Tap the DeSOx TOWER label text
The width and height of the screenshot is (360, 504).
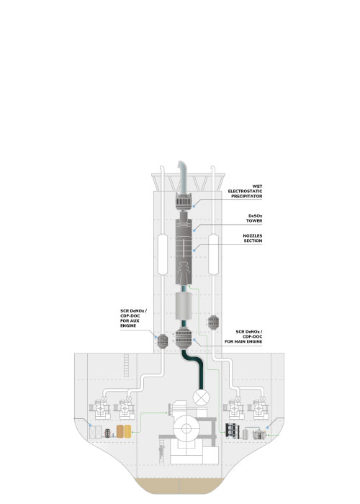(255, 218)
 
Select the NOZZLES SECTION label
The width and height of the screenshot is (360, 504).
(253, 238)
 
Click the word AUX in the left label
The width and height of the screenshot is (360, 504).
(135, 321)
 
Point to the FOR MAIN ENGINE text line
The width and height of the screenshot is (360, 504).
(243, 341)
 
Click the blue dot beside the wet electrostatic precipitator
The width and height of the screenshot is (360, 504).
(194, 206)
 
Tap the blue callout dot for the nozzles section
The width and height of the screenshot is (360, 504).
(194, 250)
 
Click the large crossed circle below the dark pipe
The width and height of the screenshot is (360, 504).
(201, 397)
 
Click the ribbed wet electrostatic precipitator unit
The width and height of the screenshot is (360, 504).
(184, 202)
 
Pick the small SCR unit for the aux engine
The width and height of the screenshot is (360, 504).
(163, 341)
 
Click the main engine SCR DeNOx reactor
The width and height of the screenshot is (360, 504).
(184, 337)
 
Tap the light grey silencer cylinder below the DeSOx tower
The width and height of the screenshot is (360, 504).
(184, 306)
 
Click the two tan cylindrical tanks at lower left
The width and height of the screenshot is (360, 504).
(124, 431)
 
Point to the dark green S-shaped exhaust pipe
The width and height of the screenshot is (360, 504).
(194, 369)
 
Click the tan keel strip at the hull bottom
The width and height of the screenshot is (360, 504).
(179, 486)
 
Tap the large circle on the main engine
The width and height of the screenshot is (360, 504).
(186, 428)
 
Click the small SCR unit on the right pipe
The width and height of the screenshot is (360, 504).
(213, 323)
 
